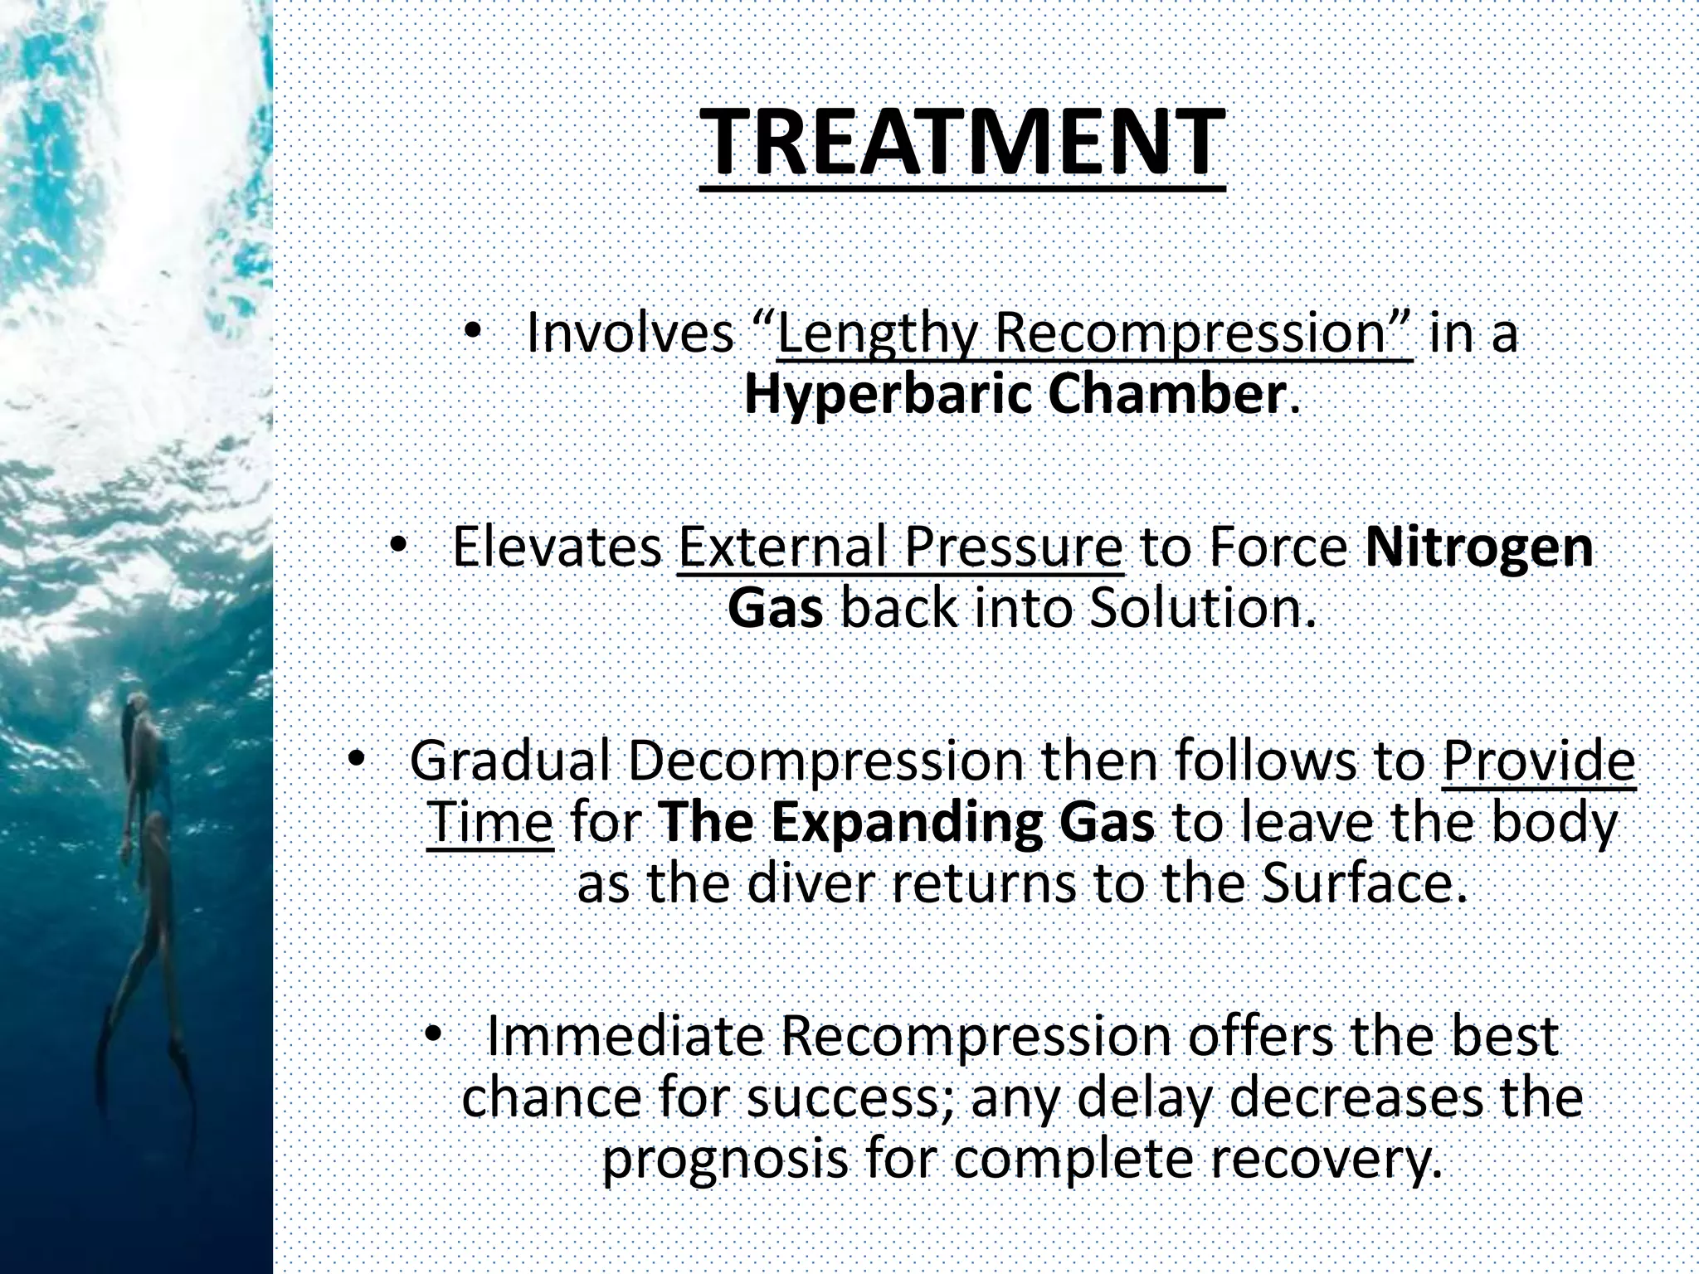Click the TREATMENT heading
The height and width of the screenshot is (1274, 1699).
click(962, 143)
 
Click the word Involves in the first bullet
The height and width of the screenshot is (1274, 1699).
click(630, 333)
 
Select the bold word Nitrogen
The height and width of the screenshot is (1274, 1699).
click(1478, 547)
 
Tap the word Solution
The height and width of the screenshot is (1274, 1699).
click(1202, 609)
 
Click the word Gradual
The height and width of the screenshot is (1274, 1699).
click(510, 761)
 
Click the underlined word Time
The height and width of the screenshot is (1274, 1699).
click(490, 823)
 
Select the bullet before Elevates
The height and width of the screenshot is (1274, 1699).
click(398, 545)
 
